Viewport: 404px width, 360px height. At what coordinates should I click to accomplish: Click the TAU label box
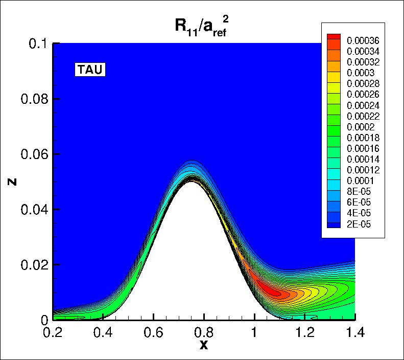[x=90, y=70]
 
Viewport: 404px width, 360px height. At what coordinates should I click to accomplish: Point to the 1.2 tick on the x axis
[x=304, y=333]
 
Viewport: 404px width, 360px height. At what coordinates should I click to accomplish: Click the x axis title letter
[x=204, y=346]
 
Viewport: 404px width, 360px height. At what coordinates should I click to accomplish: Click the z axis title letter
[x=11, y=182]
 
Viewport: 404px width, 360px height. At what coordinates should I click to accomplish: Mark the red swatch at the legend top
[x=333, y=37]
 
